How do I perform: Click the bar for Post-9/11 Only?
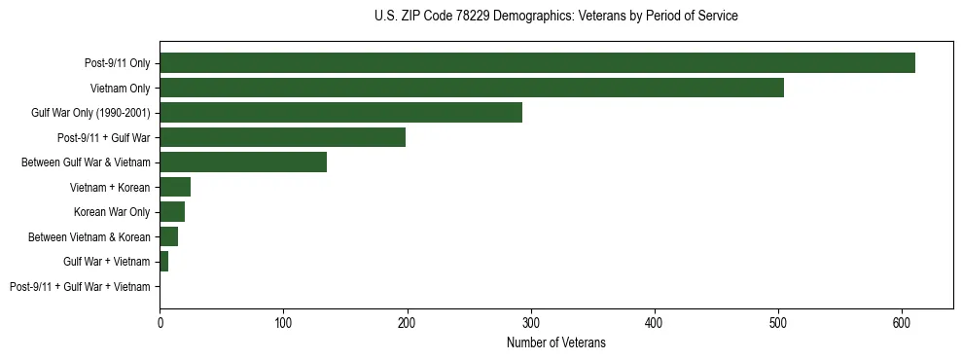click(537, 62)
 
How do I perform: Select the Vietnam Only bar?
click(472, 88)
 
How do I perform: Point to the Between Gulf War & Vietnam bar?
click(243, 162)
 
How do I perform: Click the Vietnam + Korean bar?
click(175, 187)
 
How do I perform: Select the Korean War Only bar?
click(172, 212)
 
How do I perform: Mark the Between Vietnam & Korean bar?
click(169, 236)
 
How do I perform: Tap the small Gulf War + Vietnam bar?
click(164, 262)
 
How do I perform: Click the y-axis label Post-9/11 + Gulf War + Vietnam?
click(80, 287)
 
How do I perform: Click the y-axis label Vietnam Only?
click(121, 88)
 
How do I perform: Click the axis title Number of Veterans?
click(556, 342)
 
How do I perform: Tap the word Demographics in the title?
click(525, 17)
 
